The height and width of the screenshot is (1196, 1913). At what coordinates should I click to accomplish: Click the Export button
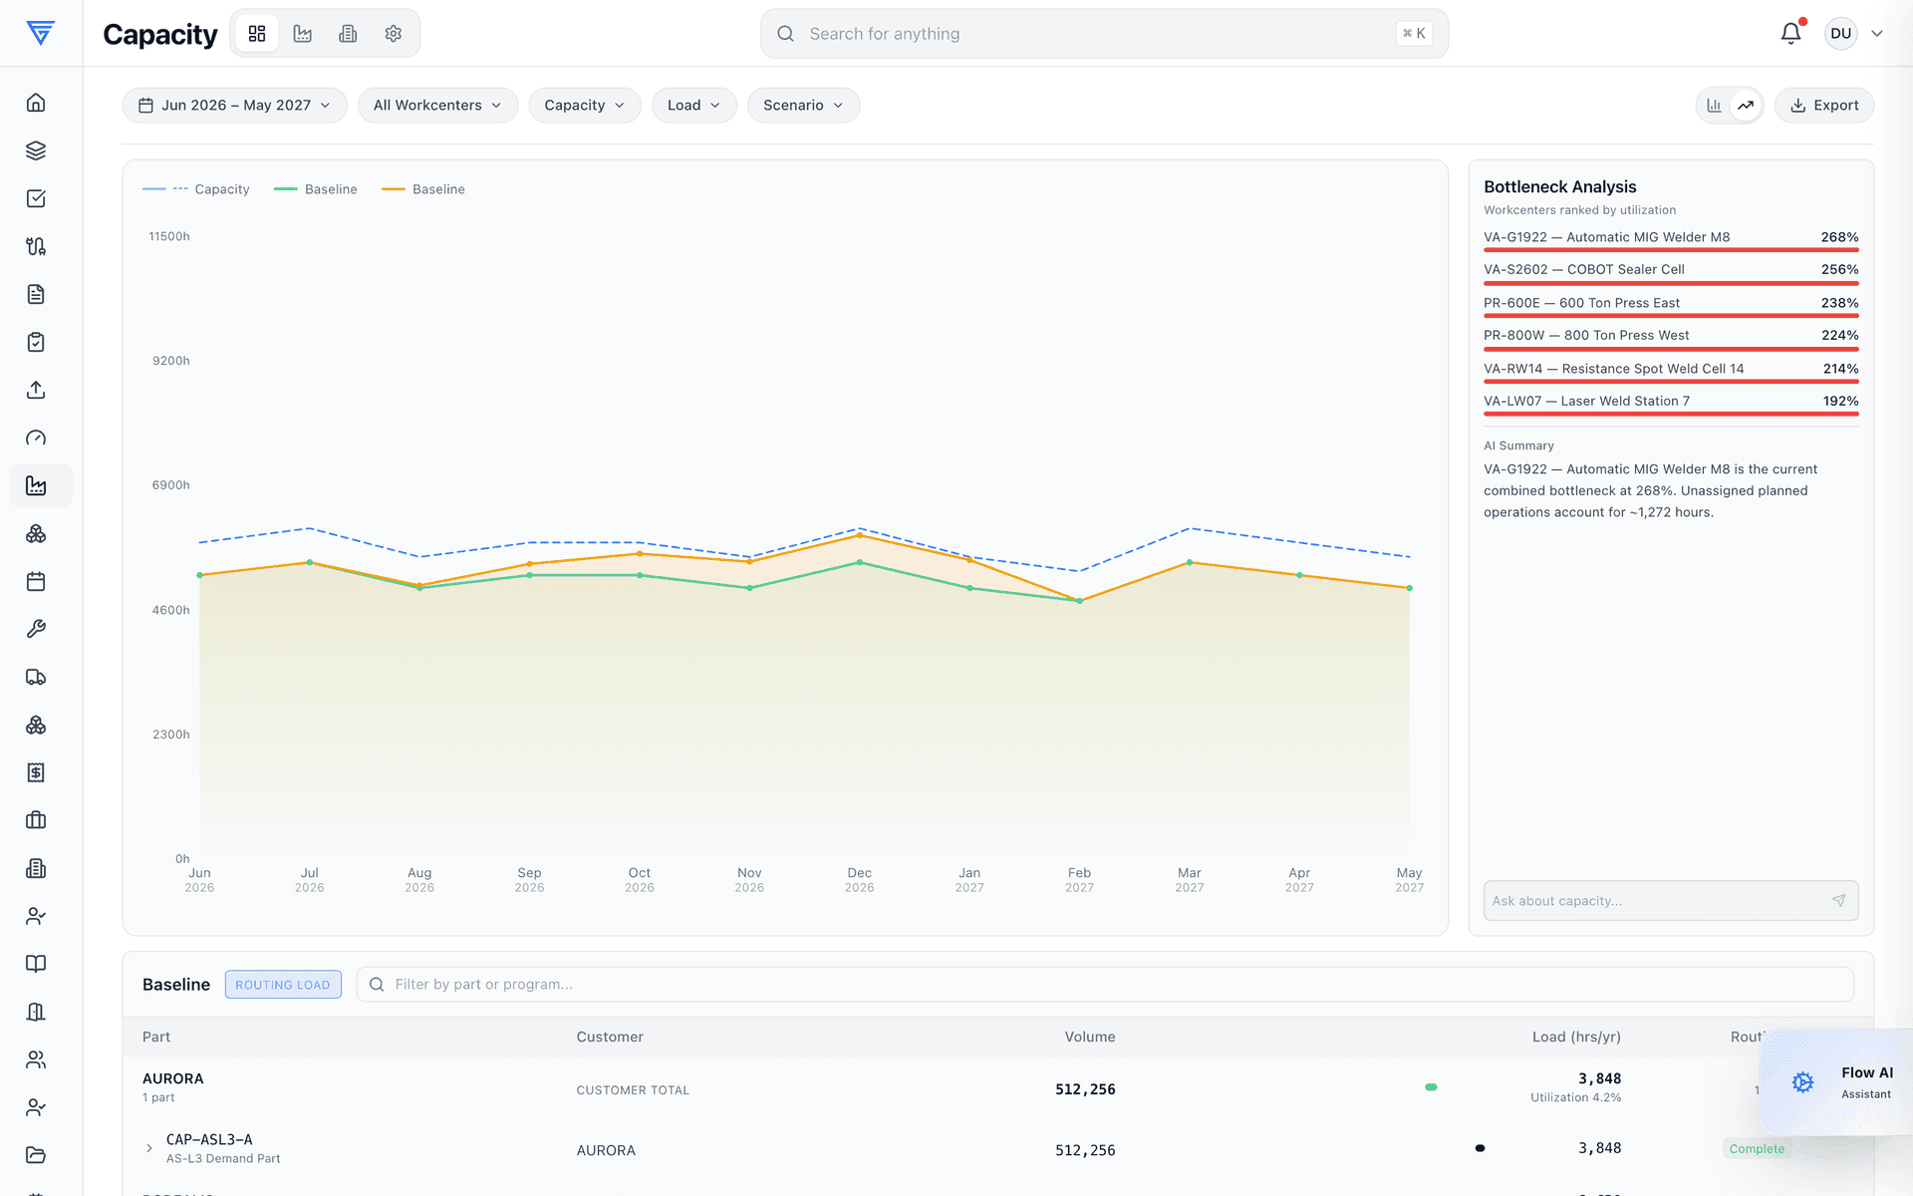pos(1823,106)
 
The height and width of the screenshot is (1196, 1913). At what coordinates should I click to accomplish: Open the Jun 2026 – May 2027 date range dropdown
pos(234,106)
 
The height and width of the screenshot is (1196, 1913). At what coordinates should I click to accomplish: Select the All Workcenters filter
pos(437,106)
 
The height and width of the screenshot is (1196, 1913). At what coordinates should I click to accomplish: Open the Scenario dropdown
pos(803,106)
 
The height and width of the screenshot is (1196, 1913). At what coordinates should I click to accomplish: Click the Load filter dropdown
pos(693,106)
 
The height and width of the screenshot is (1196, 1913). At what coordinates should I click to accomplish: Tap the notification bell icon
pos(1790,34)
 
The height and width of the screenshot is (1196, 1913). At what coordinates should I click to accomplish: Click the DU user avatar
pos(1840,34)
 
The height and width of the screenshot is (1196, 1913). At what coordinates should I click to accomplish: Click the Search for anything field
pos(1104,34)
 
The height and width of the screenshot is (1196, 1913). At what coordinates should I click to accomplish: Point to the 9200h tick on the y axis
pos(170,361)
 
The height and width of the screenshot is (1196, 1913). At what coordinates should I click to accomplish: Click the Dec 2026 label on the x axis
pos(859,880)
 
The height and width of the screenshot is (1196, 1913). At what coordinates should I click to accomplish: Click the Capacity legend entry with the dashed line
pos(196,189)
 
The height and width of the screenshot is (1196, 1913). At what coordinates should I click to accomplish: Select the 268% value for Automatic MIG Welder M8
pos(1839,237)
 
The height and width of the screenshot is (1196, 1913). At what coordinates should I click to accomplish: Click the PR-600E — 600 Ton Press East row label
pos(1581,303)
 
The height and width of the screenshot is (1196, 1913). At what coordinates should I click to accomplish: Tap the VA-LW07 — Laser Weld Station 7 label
pos(1586,402)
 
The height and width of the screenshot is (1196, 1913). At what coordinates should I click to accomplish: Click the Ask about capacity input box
pos(1670,901)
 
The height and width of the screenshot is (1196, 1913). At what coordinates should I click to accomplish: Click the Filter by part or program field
pos(1104,985)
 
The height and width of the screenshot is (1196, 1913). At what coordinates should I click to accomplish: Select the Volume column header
pos(1089,1038)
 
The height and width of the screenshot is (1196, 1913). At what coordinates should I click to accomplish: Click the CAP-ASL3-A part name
pos(209,1140)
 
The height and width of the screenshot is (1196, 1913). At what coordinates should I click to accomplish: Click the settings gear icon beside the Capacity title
pos(394,34)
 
